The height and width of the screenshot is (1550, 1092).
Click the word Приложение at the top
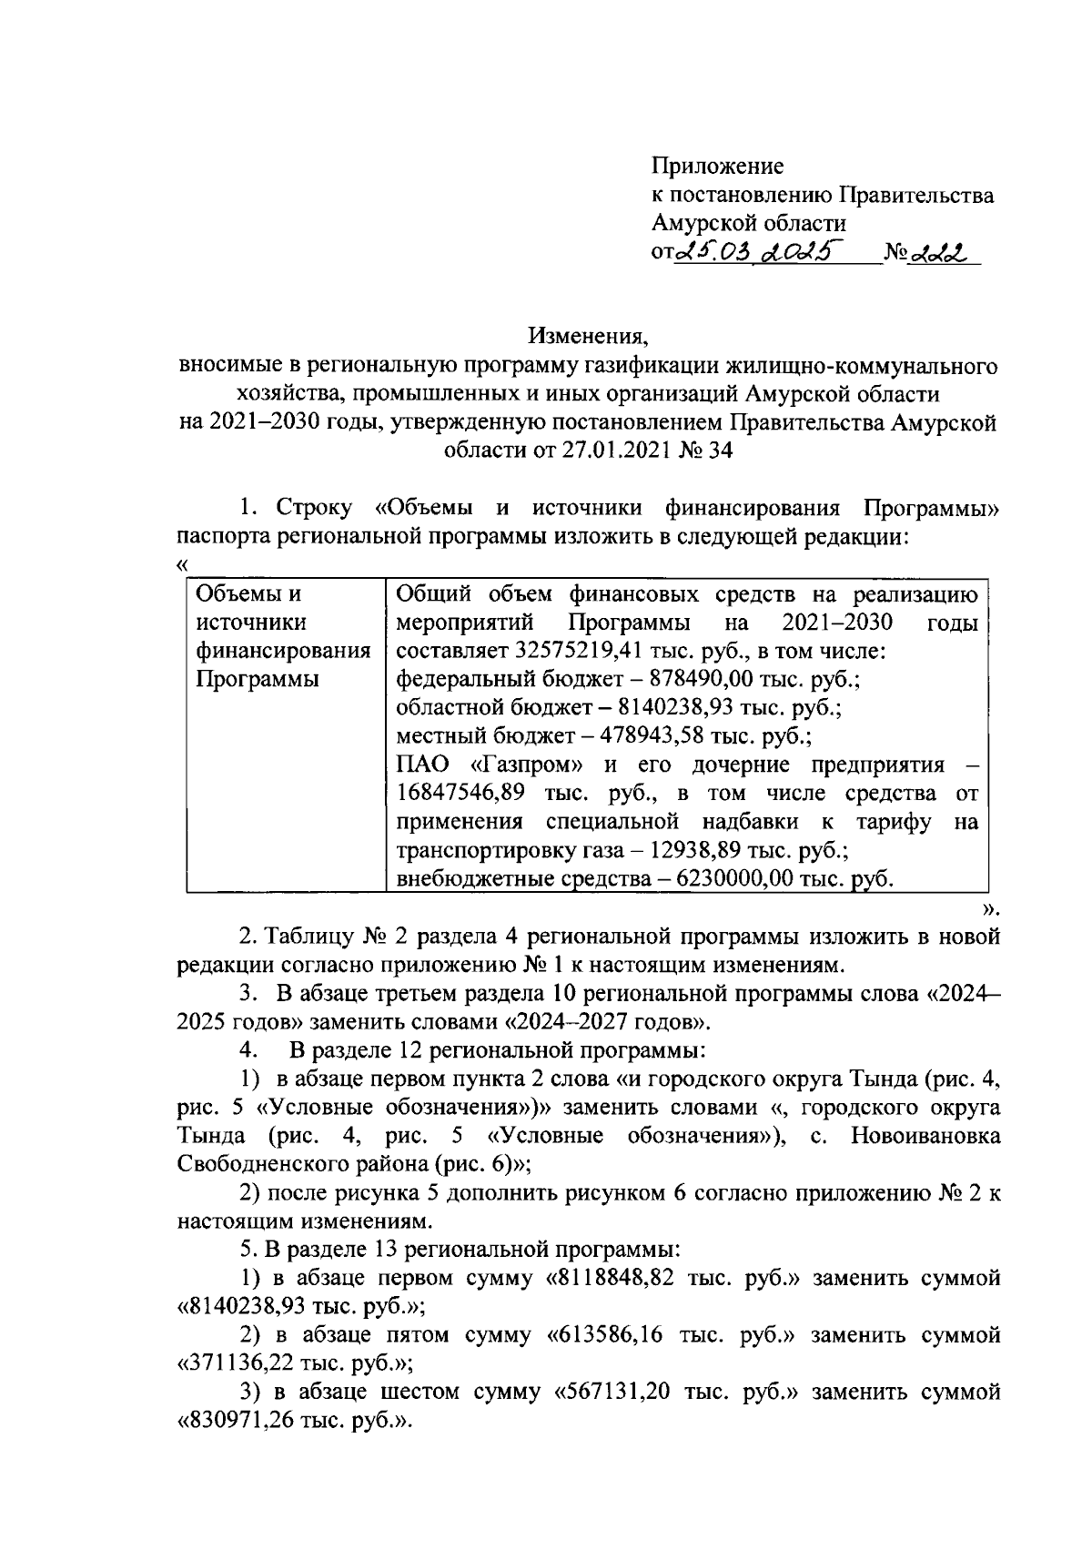coord(717,167)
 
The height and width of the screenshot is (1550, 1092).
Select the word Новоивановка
coord(923,1136)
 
